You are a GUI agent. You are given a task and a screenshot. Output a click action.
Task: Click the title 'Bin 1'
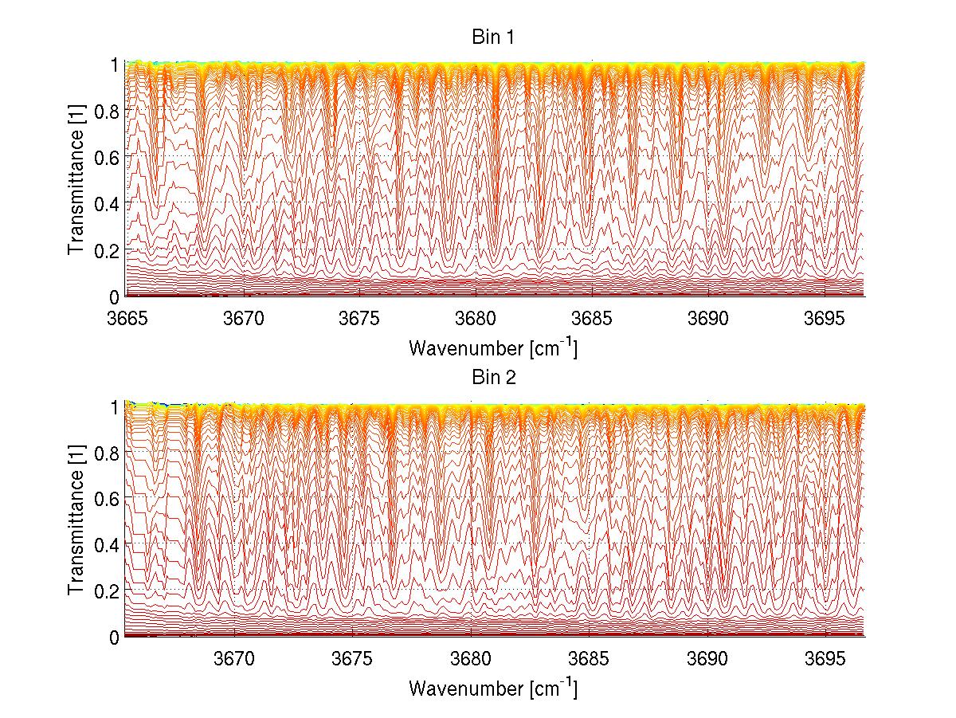click(x=495, y=37)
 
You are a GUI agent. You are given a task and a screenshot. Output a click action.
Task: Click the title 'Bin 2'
click(x=495, y=378)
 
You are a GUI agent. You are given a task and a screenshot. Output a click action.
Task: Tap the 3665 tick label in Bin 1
click(x=126, y=319)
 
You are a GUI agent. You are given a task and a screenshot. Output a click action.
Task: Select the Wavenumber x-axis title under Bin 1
click(x=493, y=347)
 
